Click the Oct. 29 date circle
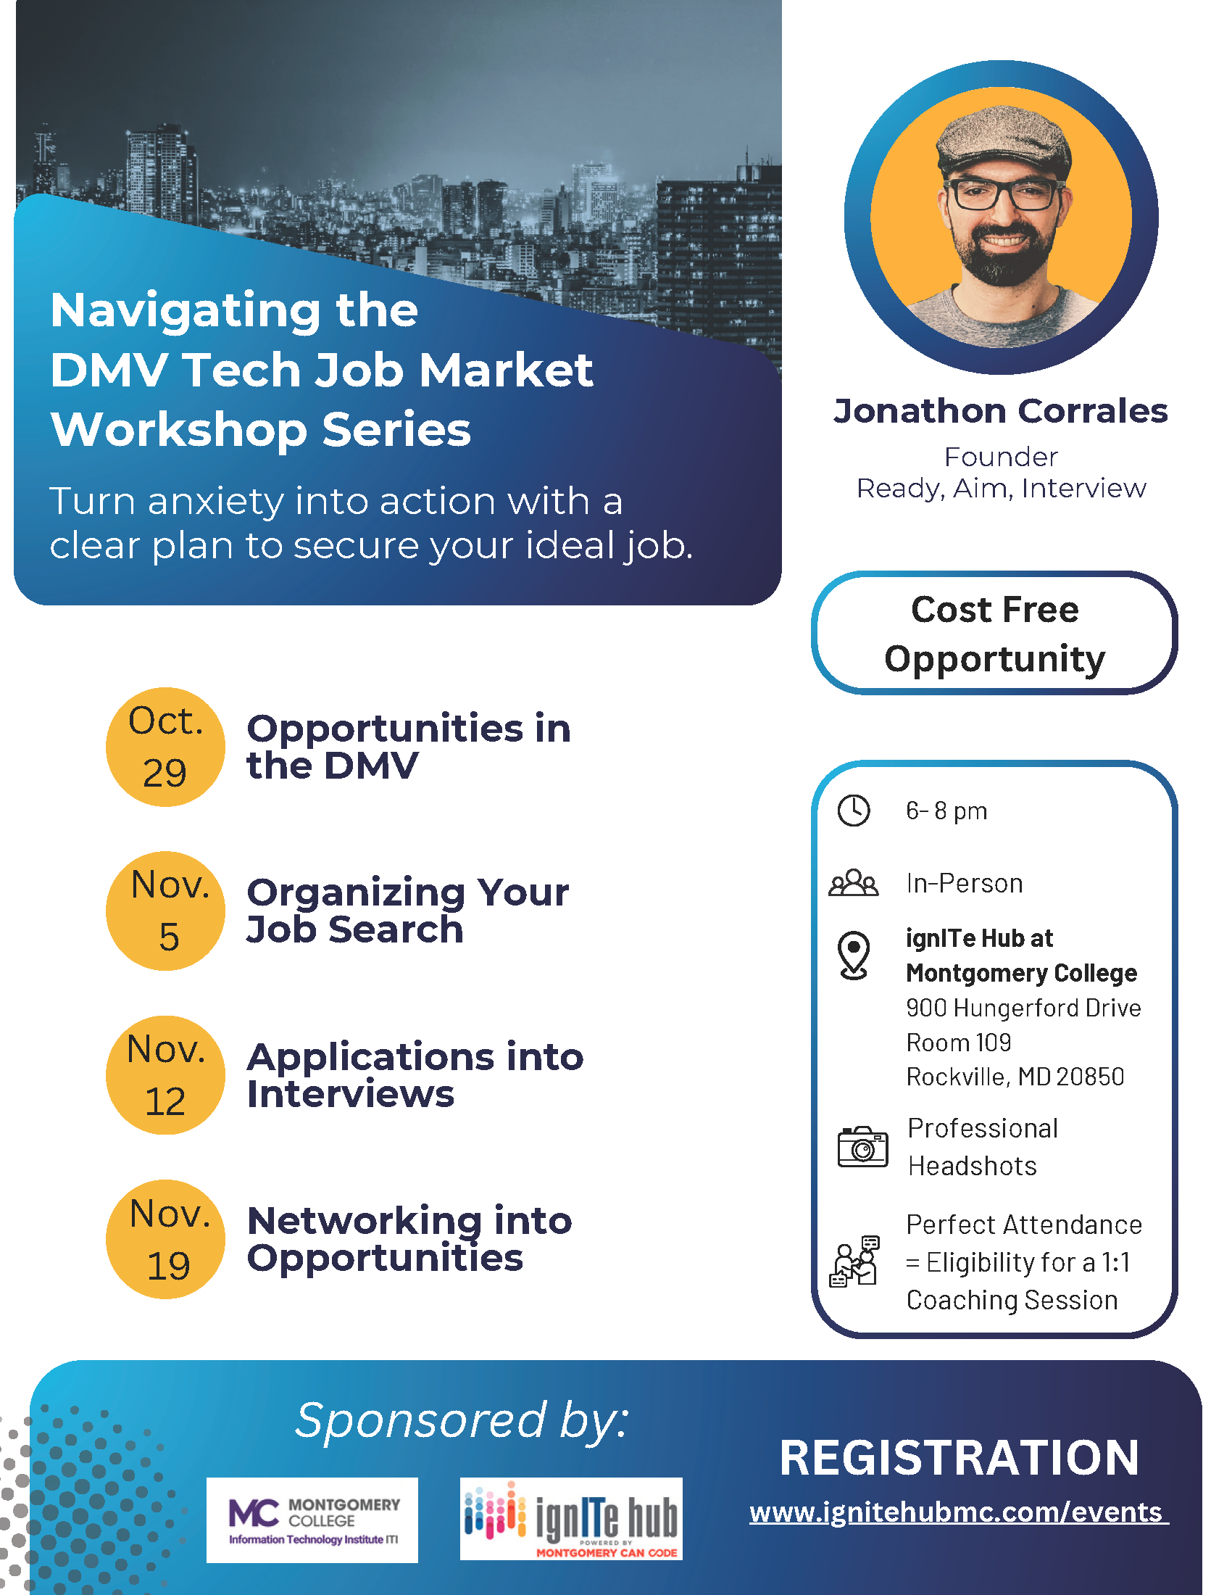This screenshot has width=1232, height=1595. point(166,746)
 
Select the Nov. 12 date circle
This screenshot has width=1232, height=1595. point(166,1074)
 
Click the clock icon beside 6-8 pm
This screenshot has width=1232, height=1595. point(853,811)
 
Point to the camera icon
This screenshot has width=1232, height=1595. point(862,1147)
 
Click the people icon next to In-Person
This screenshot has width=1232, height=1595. point(853,883)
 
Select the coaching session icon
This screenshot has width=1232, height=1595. point(854,1261)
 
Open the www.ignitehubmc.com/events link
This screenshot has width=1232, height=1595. point(958,1512)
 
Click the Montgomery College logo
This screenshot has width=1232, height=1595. point(312,1520)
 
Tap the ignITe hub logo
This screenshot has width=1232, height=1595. point(571,1519)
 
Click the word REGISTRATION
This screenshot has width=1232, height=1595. point(959,1458)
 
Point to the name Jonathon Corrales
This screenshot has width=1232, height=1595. point(1001,411)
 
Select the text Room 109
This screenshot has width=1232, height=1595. point(958,1042)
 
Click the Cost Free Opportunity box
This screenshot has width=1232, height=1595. point(994,633)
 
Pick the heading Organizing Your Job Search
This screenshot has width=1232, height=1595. point(407,910)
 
